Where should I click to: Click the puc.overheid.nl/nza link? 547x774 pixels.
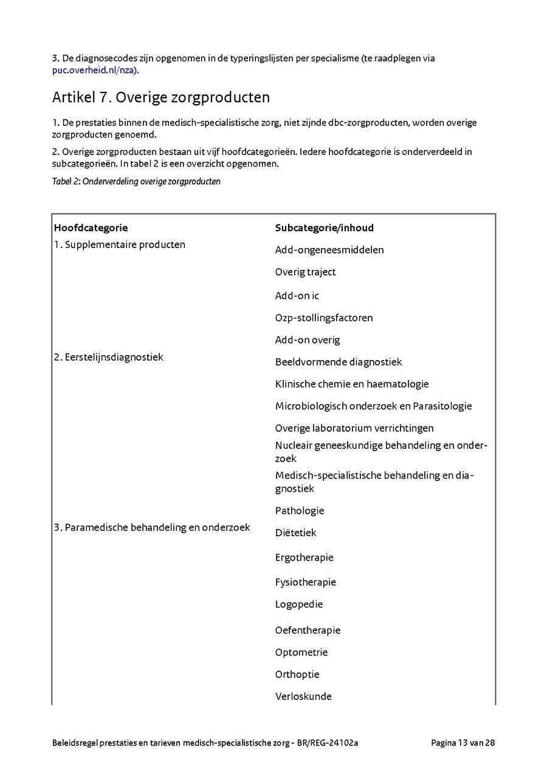92,70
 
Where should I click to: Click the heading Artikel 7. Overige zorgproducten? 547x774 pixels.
161,97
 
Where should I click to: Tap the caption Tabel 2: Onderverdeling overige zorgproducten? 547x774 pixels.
136,181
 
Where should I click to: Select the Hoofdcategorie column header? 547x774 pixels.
91,228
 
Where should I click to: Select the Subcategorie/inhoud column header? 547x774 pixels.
324,228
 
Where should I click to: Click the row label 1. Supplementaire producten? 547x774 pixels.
119,244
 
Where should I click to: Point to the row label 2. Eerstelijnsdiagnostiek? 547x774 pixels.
108,357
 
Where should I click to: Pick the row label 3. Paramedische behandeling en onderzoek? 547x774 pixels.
152,527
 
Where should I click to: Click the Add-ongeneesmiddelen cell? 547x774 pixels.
329,250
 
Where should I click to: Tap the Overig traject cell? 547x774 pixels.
305,272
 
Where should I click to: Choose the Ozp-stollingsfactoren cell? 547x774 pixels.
323,317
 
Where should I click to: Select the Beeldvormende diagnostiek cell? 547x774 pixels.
338,362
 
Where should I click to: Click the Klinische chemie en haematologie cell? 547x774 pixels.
351,384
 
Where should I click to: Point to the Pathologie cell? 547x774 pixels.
299,511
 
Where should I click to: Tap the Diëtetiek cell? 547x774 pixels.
295,533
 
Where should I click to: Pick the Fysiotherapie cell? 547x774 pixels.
305,582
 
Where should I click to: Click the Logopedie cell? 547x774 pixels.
298,604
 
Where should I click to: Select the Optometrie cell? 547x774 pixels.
301,652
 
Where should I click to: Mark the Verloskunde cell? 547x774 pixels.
303,696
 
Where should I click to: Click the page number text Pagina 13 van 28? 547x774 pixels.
463,742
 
